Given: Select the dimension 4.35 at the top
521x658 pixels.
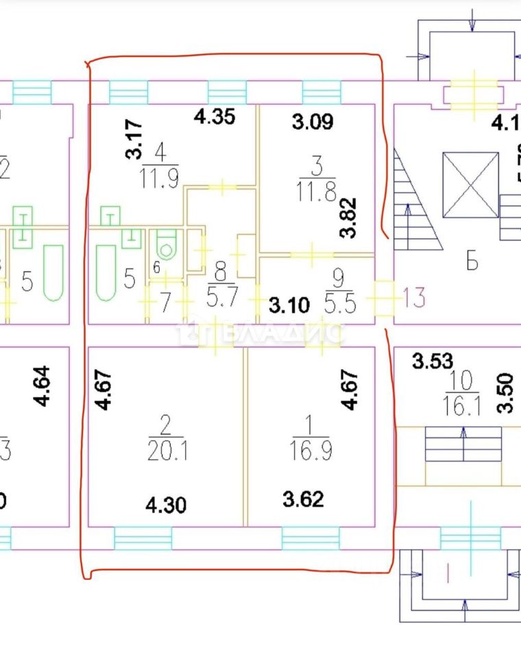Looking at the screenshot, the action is [215, 117].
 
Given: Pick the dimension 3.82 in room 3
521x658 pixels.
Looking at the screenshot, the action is [352, 217].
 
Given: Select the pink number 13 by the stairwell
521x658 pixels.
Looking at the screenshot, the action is [415, 297].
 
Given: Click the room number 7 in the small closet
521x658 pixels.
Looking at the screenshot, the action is [165, 302].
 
